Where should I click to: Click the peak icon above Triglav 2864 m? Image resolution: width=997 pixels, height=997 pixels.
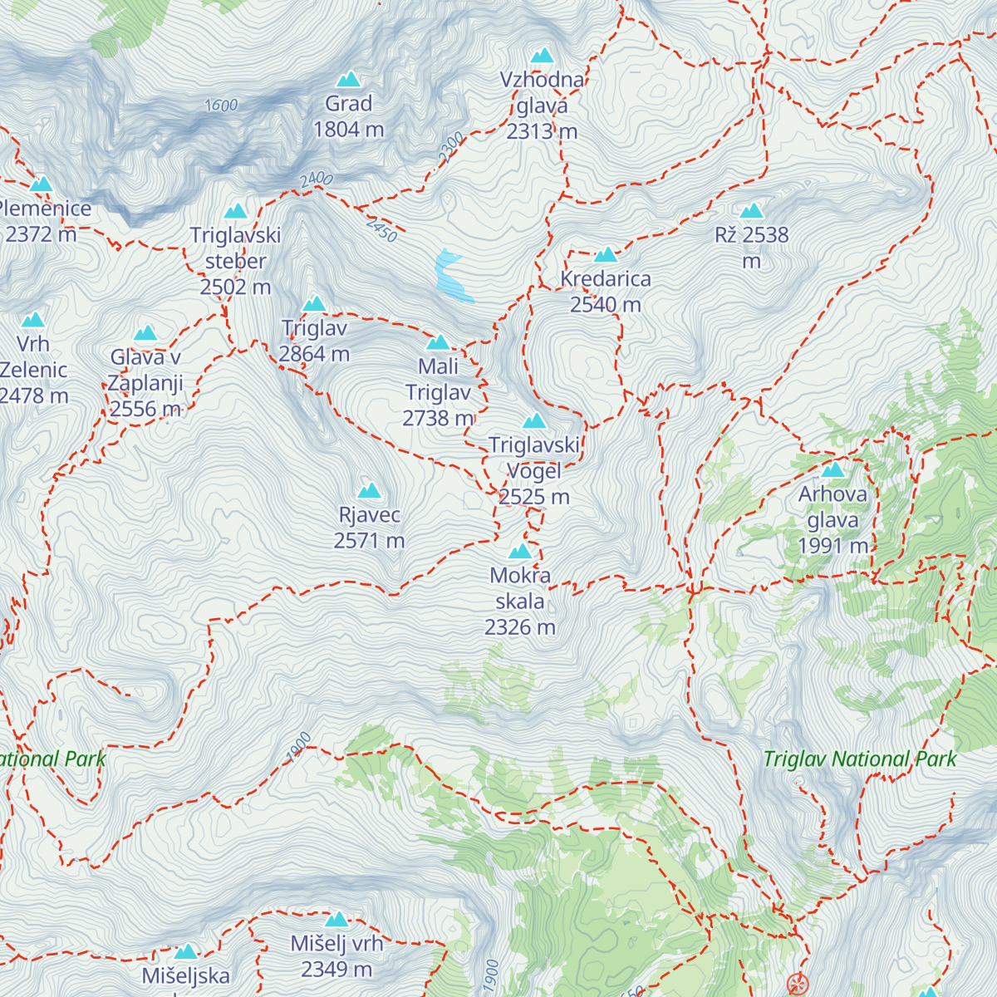(x=314, y=304)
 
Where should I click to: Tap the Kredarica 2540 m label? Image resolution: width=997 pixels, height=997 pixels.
(x=606, y=292)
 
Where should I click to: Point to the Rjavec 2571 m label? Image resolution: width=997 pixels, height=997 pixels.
(x=369, y=528)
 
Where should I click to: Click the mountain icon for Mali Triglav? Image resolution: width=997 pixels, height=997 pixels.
(x=438, y=342)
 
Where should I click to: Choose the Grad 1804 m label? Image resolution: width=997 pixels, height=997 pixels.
(x=348, y=116)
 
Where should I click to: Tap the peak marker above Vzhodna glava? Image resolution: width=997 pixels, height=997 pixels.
(x=543, y=56)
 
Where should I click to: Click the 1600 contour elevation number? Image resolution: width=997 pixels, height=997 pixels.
(x=221, y=106)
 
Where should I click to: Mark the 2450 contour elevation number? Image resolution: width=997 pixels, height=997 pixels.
(x=381, y=230)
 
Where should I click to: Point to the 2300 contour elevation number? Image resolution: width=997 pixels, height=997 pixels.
(x=451, y=147)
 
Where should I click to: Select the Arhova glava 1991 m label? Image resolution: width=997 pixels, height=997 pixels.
(x=832, y=519)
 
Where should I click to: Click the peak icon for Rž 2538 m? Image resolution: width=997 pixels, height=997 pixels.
(x=751, y=211)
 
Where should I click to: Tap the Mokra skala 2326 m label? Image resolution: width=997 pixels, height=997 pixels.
(x=520, y=601)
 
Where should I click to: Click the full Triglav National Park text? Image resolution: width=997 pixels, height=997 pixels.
(x=859, y=759)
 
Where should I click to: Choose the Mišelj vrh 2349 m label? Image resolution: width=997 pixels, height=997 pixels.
(x=336, y=956)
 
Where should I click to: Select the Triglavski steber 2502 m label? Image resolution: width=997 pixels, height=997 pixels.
(x=235, y=261)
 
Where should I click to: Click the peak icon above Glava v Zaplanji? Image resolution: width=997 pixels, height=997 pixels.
(x=146, y=333)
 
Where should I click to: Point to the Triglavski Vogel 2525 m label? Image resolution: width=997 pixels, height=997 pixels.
(x=534, y=470)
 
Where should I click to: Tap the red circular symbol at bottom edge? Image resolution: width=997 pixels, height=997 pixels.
(x=798, y=985)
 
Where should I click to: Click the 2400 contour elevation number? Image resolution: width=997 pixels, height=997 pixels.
(x=316, y=179)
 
